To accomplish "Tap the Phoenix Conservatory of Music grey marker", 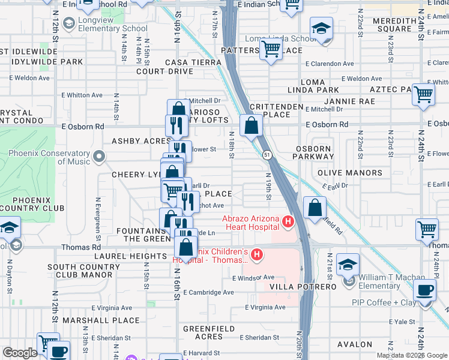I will pos(99,157).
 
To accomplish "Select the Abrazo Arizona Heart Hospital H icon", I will pos(288,223).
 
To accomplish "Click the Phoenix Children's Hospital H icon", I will pos(257,256).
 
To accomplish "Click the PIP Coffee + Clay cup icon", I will pos(426,291).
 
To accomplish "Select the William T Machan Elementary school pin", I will pos(348,265).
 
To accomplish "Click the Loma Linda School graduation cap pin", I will pos(321,29).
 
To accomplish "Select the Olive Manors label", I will pos(349,173).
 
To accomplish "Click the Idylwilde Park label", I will pos(42,62).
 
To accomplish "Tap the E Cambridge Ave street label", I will pos(209,292).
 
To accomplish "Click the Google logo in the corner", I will pos(20,353).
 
